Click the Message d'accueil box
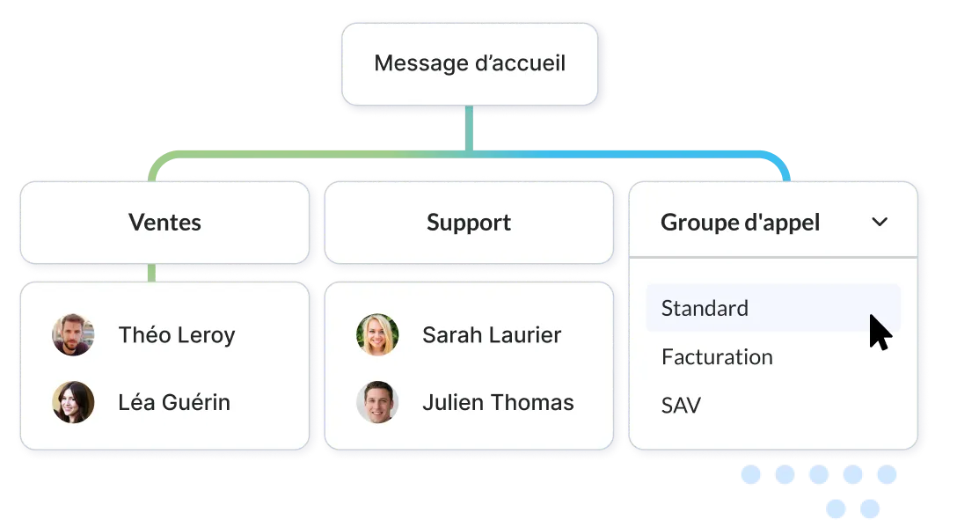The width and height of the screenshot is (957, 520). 470,64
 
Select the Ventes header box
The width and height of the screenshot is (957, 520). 164,222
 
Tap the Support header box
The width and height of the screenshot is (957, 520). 469,222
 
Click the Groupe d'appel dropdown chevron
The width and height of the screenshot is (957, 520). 880,222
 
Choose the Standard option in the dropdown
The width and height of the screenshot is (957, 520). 705,308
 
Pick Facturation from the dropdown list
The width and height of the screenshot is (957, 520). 717,357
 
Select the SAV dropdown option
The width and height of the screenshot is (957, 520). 681,406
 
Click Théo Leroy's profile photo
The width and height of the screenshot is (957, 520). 73,334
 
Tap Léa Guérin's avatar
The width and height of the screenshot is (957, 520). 73,402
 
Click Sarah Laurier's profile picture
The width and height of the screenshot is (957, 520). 377,334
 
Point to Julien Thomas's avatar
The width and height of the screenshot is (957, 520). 377,402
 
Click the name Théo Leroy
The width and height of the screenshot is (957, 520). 177,334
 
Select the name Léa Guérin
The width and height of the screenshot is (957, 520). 174,402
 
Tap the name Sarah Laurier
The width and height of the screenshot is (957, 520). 492,334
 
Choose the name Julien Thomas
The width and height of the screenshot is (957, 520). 498,402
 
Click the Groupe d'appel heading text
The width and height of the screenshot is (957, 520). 740,222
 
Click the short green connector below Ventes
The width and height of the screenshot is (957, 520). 151,273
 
